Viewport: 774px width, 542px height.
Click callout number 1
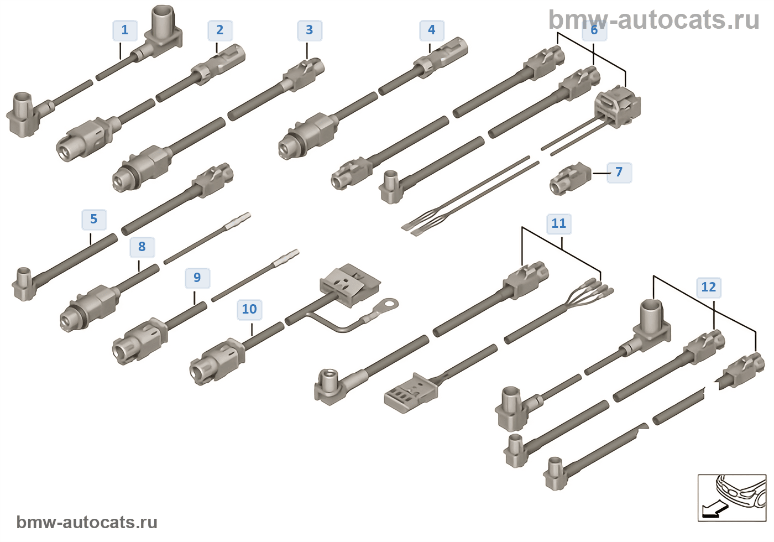[x=125, y=30]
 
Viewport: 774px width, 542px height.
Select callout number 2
[x=220, y=30]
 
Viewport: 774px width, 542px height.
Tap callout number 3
[x=310, y=30]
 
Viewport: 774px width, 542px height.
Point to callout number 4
[x=432, y=30]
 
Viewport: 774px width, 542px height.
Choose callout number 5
[x=94, y=220]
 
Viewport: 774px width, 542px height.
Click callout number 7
[x=619, y=173]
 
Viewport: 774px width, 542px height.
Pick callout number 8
[x=142, y=247]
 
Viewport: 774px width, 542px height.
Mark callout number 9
[x=197, y=278]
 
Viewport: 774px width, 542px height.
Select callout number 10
[x=249, y=310]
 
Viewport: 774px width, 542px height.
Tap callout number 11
[x=559, y=224]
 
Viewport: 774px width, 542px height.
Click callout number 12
[x=709, y=288]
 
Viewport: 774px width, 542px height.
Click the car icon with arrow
[x=731, y=497]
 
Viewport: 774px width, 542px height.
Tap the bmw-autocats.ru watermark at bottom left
[x=87, y=522]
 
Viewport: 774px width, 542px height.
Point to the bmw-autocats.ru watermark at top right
[x=653, y=20]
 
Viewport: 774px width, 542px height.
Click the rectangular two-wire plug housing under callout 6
[x=618, y=107]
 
